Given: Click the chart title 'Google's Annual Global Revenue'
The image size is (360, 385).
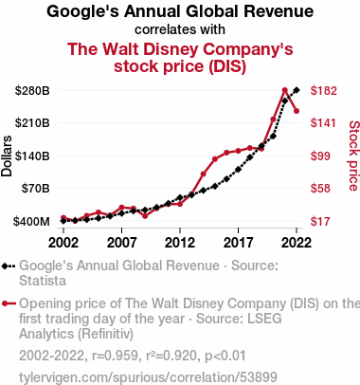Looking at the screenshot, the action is click(x=180, y=11).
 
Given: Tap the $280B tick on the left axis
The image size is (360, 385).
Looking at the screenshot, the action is click(x=32, y=91).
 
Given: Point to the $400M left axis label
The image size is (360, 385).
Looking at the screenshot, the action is click(x=31, y=221).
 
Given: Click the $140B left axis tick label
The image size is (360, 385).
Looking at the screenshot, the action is click(x=32, y=156).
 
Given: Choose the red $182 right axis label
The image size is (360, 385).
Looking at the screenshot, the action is click(x=324, y=91).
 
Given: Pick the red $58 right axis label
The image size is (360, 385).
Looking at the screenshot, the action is click(x=320, y=189).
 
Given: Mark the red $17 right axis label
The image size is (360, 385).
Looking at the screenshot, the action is click(x=320, y=221).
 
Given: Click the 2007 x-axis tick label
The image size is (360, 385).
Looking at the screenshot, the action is click(x=121, y=243).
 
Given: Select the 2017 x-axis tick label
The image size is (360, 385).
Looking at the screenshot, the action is click(x=238, y=243).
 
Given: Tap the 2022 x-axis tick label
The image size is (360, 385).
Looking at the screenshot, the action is click(x=297, y=243).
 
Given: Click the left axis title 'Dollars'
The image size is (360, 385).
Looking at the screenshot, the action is click(x=7, y=156).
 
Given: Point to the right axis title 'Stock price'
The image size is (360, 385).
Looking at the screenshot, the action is click(x=354, y=156).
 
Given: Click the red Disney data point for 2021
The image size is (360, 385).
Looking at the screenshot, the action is click(x=285, y=90).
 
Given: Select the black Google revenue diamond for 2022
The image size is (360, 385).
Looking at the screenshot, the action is click(x=297, y=90).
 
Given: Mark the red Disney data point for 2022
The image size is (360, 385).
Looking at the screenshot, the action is click(x=297, y=111).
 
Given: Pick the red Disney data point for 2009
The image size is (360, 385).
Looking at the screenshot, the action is click(x=145, y=216).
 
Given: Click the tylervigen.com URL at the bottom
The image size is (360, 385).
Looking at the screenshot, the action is click(x=148, y=377).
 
